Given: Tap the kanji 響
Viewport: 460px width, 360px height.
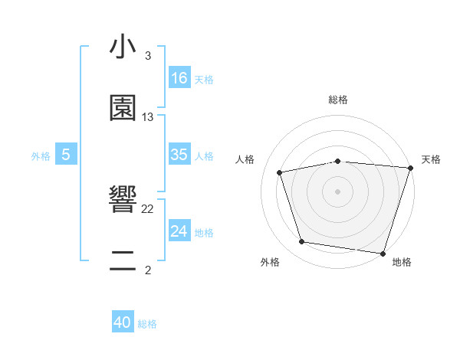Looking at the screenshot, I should [123, 201].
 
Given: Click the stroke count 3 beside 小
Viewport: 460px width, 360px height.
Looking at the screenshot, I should [148, 56].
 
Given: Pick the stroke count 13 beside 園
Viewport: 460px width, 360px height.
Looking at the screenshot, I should [148, 117].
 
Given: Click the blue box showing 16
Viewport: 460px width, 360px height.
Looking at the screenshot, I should [179, 78].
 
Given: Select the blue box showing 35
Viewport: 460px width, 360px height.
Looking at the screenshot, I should [179, 155].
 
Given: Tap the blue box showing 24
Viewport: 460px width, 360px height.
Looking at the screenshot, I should [179, 231].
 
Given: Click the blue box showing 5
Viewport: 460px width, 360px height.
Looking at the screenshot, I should [66, 155].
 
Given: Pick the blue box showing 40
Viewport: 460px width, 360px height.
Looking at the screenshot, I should [123, 322].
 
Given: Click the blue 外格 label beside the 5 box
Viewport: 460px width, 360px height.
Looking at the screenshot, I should [41, 156].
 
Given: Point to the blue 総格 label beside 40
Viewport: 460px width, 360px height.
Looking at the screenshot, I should [147, 324].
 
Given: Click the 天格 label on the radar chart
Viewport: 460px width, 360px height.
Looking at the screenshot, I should [431, 159].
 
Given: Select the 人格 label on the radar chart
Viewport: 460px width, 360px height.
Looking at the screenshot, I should [245, 159].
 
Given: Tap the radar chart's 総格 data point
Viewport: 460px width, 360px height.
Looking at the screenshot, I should [338, 161].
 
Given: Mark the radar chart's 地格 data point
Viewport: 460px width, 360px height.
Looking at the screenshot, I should [383, 253].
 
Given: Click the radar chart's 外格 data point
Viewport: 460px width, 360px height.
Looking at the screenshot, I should [302, 242].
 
